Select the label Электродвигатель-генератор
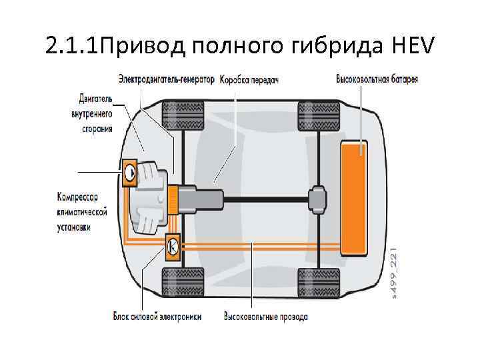pyautogui.click(x=167, y=79)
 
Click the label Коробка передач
pyautogui.click(x=248, y=79)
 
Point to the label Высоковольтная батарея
pyautogui.click(x=377, y=79)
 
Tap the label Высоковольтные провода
pyautogui.click(x=265, y=316)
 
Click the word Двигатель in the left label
pyautogui.click(x=96, y=99)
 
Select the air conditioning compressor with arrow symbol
pyautogui.click(x=129, y=172)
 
